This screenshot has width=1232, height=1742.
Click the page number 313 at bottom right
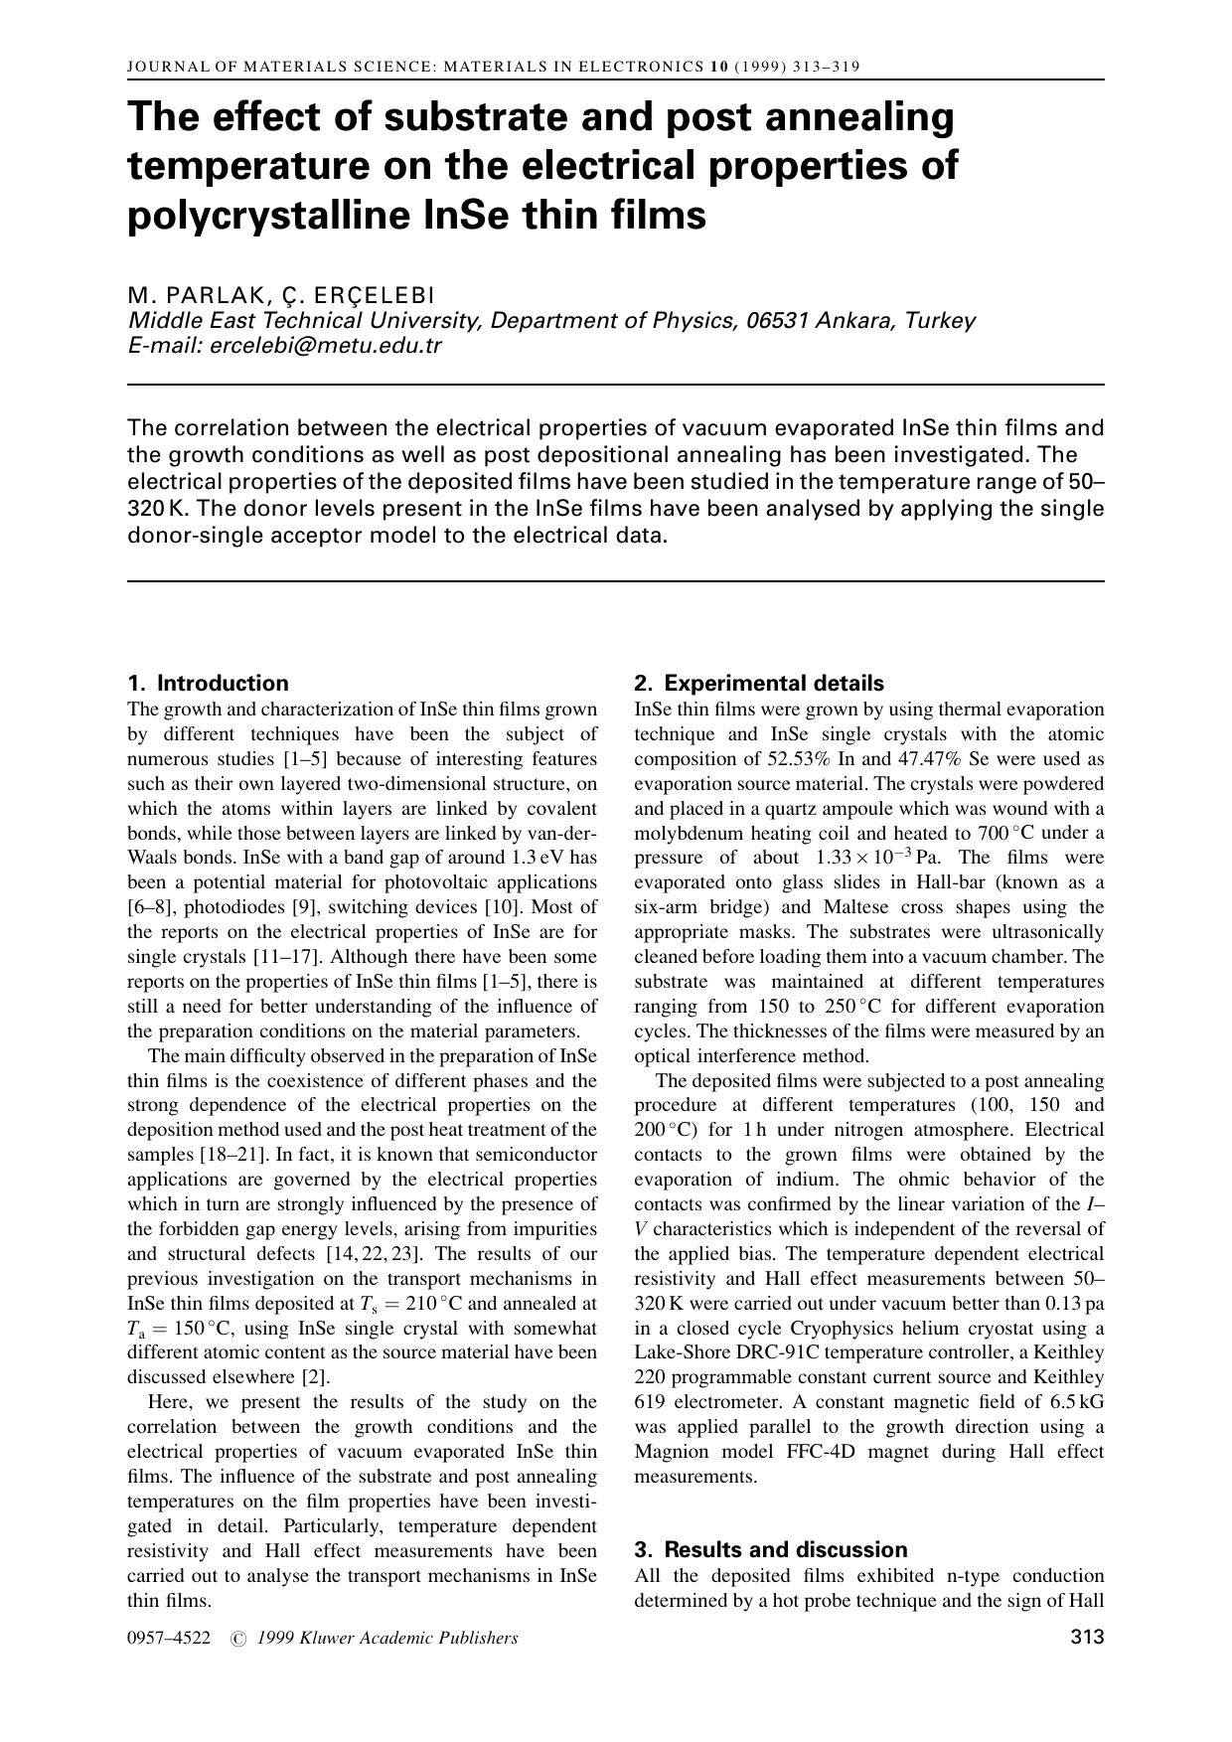[1087, 1638]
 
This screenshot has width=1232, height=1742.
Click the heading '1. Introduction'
[209, 684]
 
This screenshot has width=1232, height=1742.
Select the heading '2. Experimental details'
[759, 684]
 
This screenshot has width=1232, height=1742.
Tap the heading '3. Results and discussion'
[771, 1550]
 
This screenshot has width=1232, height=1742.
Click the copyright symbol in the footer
[237, 1639]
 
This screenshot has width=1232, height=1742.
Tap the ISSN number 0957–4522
[169, 1639]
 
